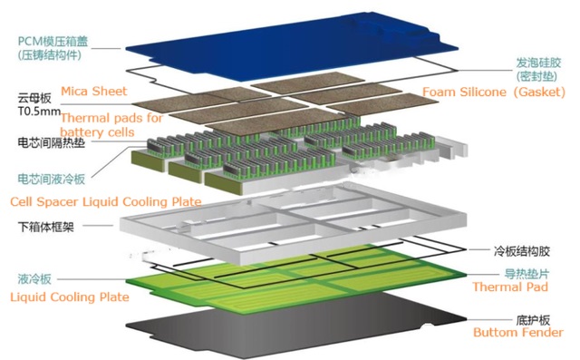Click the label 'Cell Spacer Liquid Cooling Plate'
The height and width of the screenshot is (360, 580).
(x=105, y=200)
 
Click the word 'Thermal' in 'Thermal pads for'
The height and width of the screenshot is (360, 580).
(x=83, y=118)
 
